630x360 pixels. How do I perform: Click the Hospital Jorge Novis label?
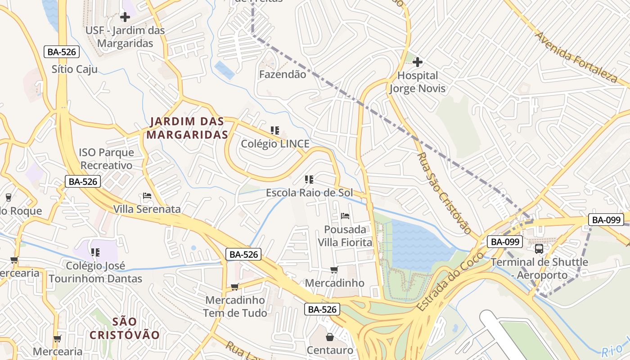[x=417, y=82]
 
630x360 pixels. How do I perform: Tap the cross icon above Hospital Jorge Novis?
[x=418, y=62]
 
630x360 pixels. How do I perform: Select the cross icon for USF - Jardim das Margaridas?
[x=125, y=17]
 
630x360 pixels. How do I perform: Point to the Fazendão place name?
[x=282, y=74]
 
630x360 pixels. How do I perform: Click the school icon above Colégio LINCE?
[x=275, y=130]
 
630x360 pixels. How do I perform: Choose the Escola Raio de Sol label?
[x=309, y=193]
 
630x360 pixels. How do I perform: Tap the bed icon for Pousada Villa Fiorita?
[x=345, y=216]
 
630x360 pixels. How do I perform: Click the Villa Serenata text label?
[x=147, y=209]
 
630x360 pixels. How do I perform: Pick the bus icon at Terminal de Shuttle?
[x=539, y=248]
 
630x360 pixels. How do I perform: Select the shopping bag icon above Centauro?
[x=330, y=337]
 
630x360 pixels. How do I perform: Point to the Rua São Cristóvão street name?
[x=443, y=193]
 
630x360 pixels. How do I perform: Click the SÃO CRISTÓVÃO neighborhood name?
[x=125, y=328]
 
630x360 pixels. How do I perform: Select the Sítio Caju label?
[x=74, y=69]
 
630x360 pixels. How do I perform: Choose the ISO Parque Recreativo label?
[x=106, y=159]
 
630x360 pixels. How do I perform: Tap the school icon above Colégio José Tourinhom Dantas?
[x=95, y=252]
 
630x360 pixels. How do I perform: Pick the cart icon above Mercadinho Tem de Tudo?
[x=234, y=287]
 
